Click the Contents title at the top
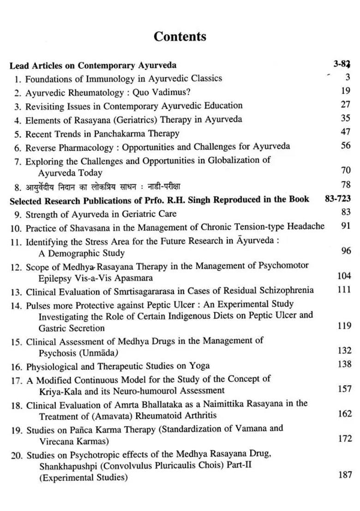(180, 36)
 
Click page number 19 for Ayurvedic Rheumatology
(346, 91)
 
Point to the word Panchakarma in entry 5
(117, 134)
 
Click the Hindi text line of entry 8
(102, 187)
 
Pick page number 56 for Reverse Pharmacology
(346, 145)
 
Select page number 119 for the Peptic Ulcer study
(344, 326)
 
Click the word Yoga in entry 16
(199, 366)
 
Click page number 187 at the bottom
(345, 475)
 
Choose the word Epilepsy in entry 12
(55, 278)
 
